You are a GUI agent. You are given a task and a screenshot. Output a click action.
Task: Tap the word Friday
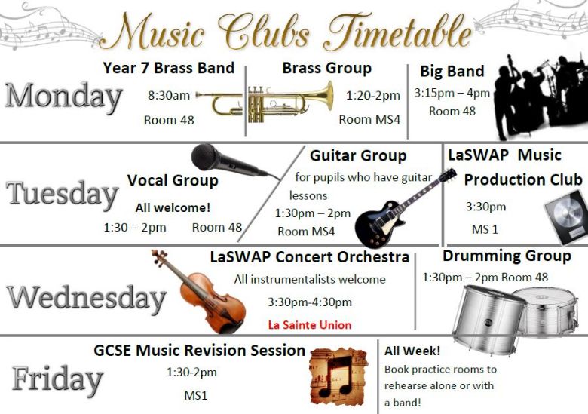pos(57,379)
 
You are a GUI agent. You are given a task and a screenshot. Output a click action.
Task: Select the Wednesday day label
pos(86,298)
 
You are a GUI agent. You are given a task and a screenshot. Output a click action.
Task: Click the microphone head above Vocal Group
pos(206,156)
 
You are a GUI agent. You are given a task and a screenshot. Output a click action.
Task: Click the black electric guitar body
pos(378,224)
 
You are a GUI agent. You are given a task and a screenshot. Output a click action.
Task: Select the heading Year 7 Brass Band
pos(168,68)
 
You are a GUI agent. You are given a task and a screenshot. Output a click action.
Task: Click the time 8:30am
pos(169,95)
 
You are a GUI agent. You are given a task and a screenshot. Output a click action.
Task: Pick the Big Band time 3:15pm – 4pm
pos(452,93)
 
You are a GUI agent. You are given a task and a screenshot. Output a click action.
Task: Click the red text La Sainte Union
pos(310,325)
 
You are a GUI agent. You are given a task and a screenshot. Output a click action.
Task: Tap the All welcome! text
pos(173,207)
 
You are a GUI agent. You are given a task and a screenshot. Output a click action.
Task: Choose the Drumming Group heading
pos(507,256)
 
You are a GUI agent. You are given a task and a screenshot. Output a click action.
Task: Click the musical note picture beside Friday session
pos(339,377)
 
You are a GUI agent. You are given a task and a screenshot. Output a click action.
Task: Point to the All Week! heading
pos(412,351)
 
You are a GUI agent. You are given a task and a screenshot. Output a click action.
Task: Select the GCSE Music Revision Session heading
pos(199,351)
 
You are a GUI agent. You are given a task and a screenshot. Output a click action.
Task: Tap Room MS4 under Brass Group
pos(369,120)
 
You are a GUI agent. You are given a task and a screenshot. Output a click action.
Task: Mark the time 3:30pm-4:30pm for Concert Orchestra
pos(310,302)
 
